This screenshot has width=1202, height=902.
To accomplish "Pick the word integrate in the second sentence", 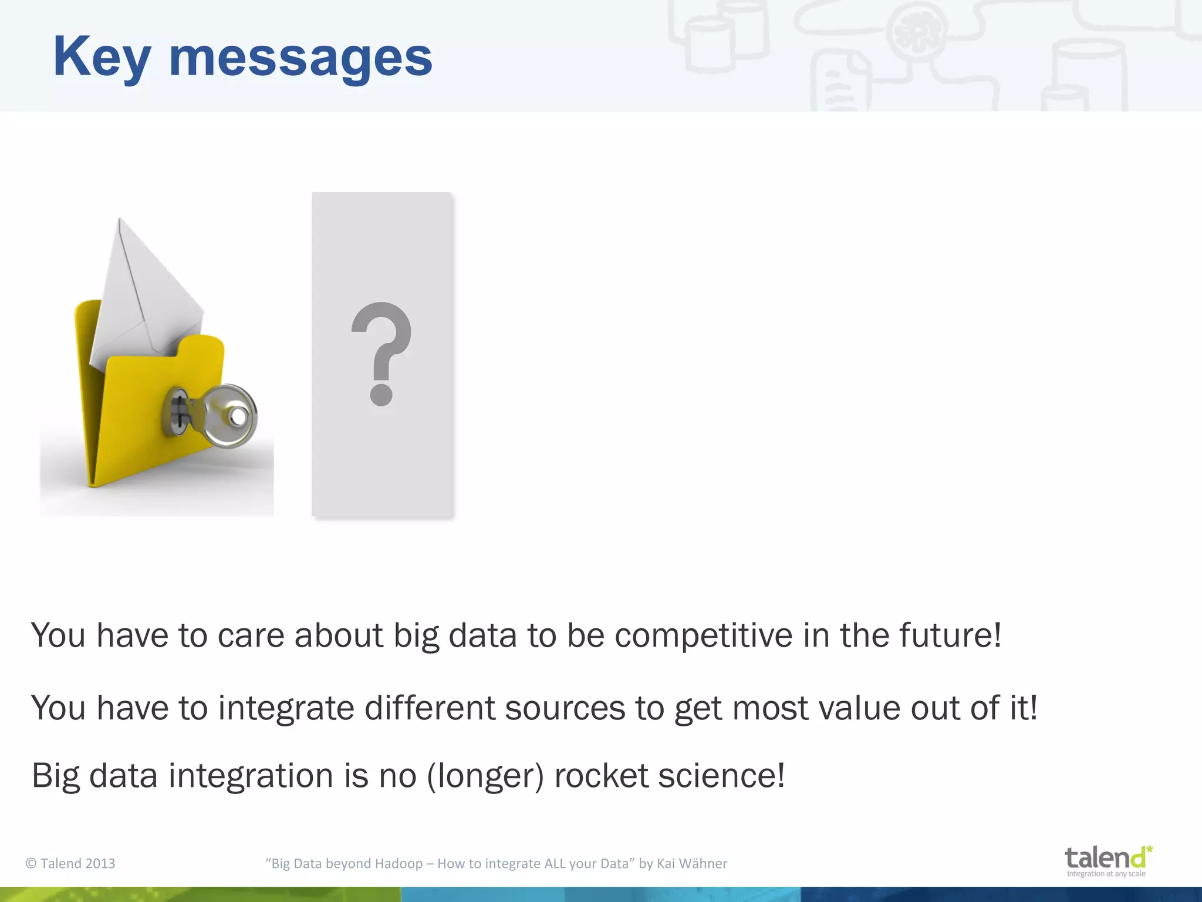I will click(286, 708).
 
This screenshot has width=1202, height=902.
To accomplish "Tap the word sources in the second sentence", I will click(565, 708).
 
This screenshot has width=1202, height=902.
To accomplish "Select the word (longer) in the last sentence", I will click(485, 776).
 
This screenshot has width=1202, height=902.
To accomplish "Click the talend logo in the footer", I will click(1107, 861).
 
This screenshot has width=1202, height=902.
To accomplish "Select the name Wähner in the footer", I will click(703, 863).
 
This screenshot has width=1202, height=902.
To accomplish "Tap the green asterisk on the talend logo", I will click(1149, 849).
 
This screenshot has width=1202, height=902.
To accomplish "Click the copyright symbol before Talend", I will click(31, 863).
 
